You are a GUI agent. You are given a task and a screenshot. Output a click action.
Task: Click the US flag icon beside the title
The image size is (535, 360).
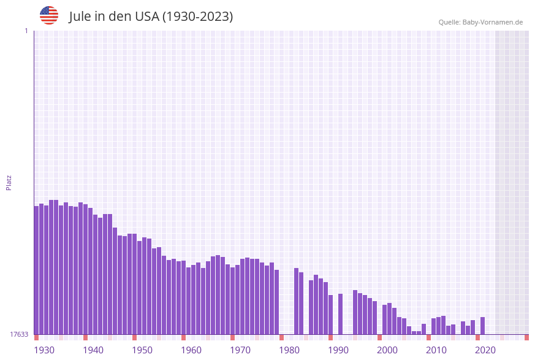49,15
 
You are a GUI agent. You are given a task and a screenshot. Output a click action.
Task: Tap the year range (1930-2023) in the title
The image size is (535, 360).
197,17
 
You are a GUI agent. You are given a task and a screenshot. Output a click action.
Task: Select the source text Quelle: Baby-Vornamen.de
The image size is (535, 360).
480,22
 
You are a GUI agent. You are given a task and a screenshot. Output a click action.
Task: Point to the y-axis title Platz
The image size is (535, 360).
9,183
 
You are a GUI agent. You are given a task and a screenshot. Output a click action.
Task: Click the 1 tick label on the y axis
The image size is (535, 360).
26,31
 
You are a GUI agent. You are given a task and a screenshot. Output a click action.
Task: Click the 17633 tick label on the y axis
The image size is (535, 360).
19,334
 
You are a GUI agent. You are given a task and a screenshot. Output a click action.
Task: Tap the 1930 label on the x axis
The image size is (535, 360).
44,350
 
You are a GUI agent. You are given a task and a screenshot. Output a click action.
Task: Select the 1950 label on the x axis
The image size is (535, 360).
142,350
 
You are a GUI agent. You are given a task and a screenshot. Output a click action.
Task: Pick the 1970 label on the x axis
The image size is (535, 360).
240,350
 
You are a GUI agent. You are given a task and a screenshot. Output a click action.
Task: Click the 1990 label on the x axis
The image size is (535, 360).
338,350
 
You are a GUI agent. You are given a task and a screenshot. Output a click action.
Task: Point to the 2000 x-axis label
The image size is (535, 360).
387,350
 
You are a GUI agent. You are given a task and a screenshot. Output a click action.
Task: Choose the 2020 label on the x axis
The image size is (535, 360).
485,350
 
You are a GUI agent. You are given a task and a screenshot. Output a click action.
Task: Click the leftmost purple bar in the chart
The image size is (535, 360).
36,270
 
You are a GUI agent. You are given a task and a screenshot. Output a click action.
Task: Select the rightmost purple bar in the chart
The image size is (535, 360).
483,326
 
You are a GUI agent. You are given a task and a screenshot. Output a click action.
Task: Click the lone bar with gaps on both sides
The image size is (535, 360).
340,313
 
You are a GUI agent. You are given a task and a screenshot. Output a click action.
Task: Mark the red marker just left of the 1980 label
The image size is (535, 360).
281,337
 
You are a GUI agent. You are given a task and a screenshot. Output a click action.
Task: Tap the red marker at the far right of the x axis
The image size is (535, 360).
526,337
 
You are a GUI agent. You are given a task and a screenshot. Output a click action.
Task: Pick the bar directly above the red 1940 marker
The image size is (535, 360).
85,269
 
